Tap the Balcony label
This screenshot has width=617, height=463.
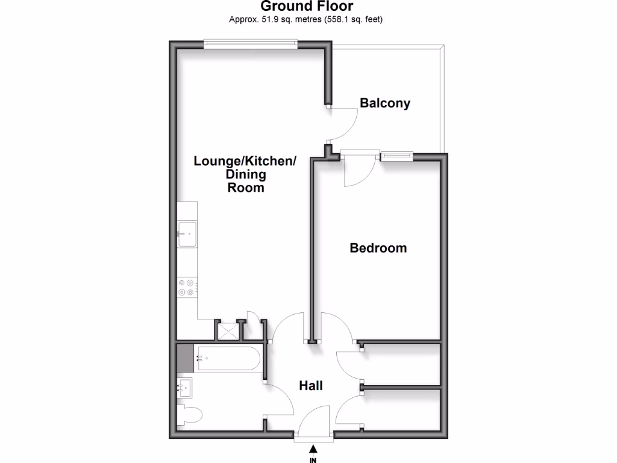pyautogui.click(x=385, y=103)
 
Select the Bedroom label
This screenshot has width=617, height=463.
pyautogui.click(x=378, y=248)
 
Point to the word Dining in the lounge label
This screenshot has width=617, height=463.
pyautogui.click(x=246, y=175)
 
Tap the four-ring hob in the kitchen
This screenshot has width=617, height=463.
pyautogui.click(x=187, y=288)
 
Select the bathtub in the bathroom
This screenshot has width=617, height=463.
pyautogui.click(x=227, y=359)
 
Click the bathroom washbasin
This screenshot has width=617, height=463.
pyautogui.click(x=186, y=388)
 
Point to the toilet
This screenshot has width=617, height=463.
pyautogui.click(x=190, y=415)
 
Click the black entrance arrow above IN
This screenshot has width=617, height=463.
pyautogui.click(x=313, y=449)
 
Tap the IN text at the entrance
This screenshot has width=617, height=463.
pyautogui.click(x=313, y=460)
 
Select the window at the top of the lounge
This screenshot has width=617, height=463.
pyautogui.click(x=250, y=43)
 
